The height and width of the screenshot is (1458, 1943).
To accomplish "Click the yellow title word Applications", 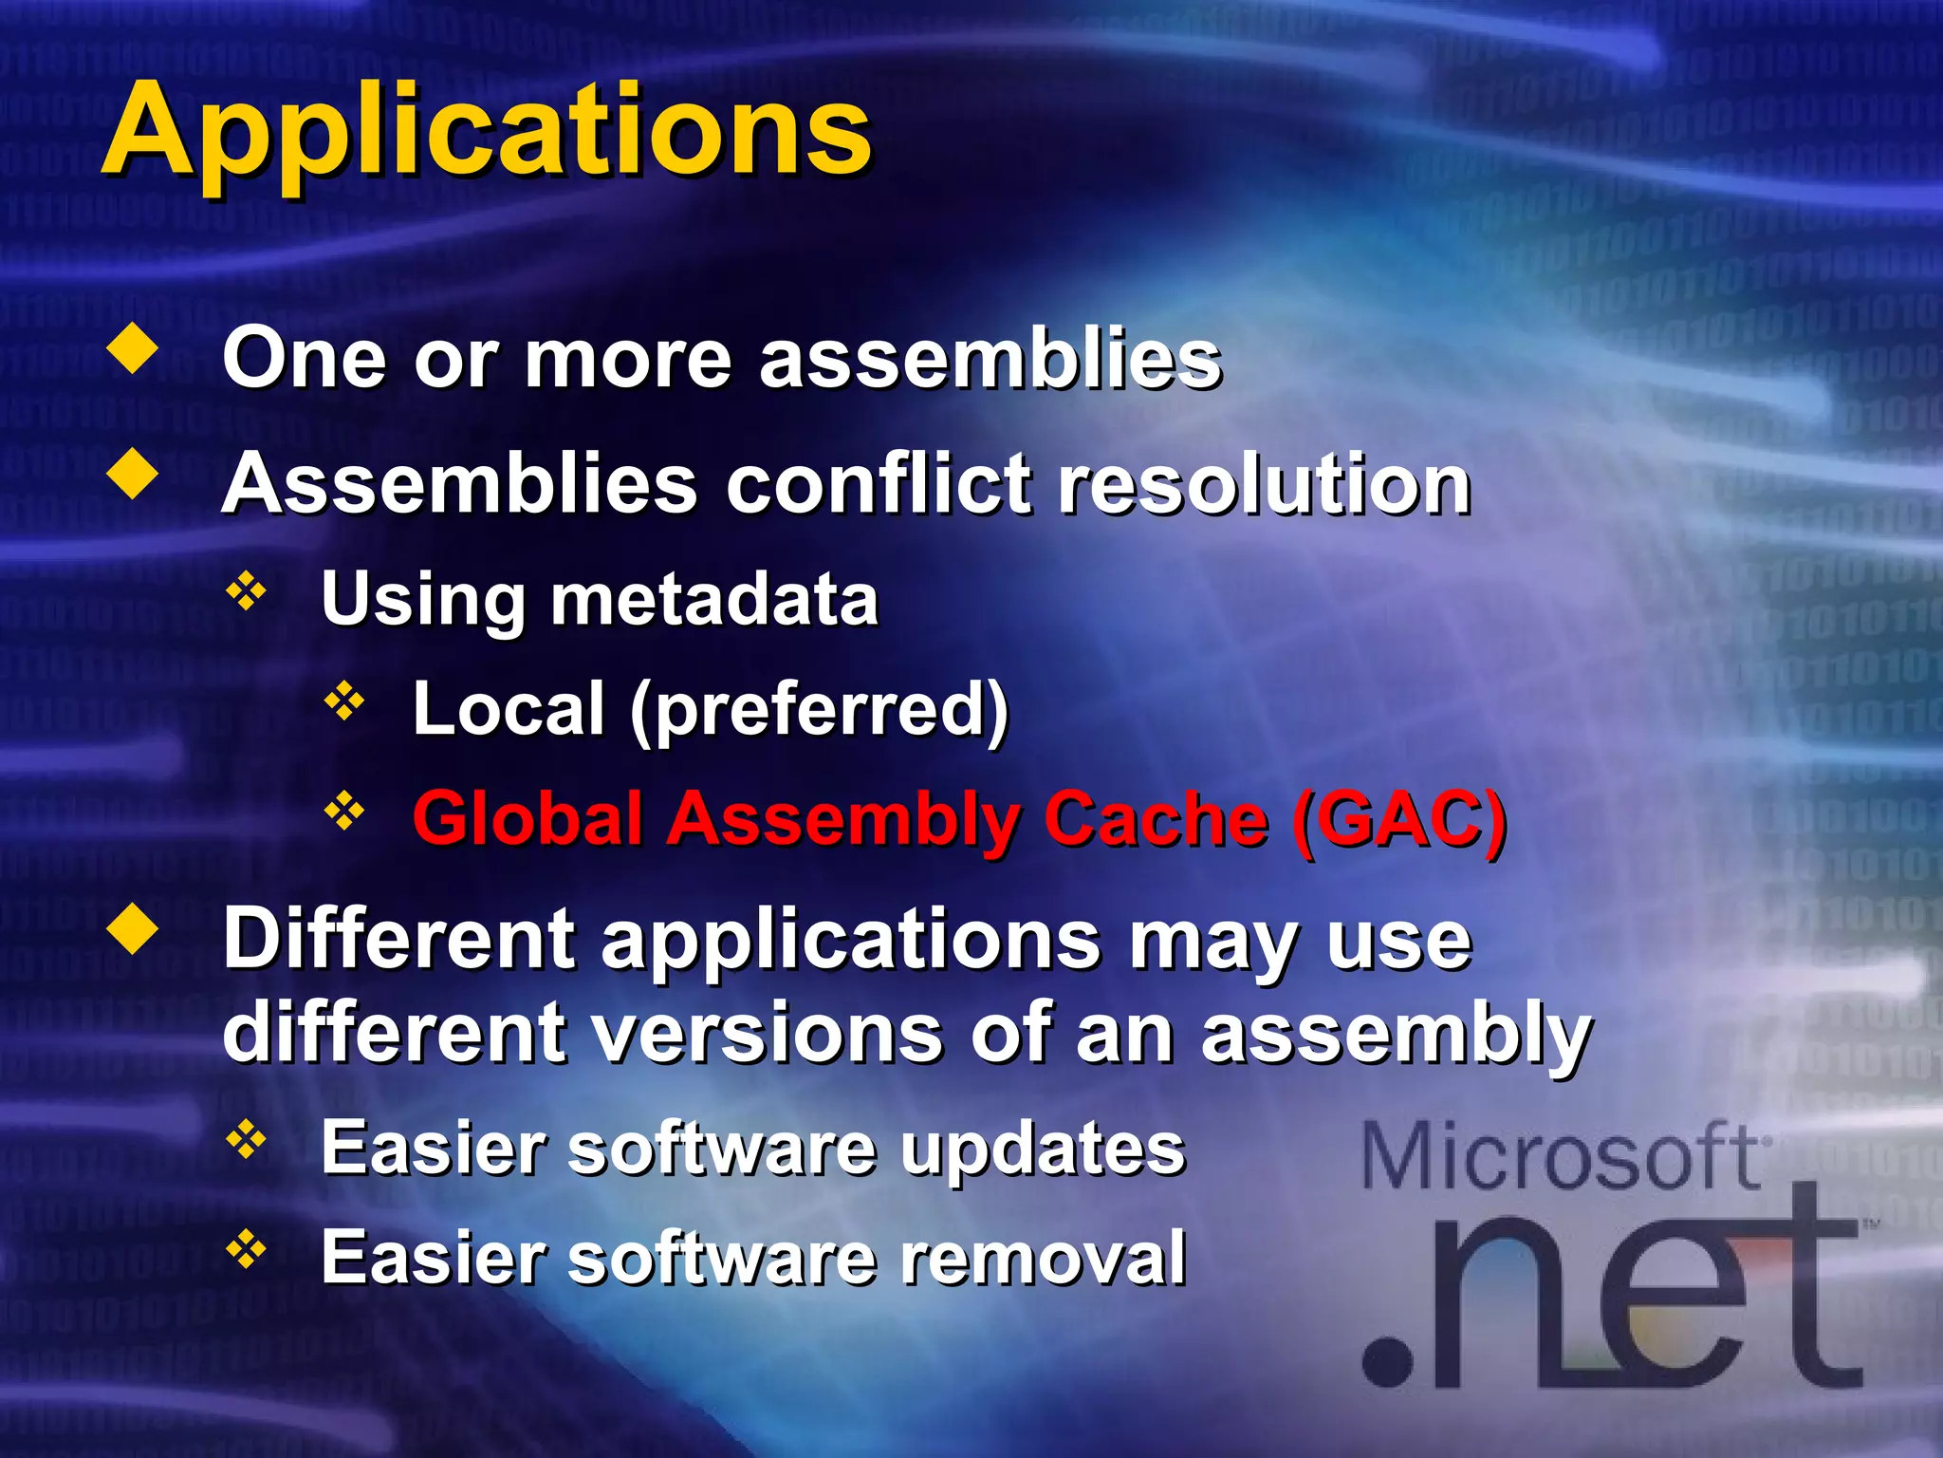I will (486, 131).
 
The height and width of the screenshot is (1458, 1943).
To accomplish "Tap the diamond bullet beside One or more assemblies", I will (133, 349).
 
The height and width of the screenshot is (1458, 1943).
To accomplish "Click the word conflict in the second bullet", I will (878, 484).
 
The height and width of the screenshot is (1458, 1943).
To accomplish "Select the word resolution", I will (1264, 484).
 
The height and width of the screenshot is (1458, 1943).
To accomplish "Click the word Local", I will (509, 709).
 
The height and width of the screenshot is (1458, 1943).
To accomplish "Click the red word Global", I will (527, 818).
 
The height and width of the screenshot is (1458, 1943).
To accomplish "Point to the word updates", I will (1043, 1150).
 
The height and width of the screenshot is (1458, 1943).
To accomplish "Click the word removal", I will (1043, 1257).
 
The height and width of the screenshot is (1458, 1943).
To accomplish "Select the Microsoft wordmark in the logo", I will (1561, 1155).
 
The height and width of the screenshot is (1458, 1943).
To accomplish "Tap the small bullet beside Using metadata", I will (246, 591).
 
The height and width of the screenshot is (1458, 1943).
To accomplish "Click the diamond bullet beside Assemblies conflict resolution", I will (133, 475).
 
